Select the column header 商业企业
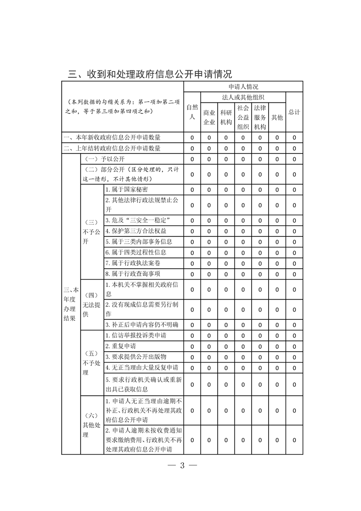pyautogui.click(x=209, y=117)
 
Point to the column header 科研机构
pyautogui.click(x=226, y=117)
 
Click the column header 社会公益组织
pyautogui.click(x=243, y=117)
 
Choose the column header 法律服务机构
pyautogui.click(x=260, y=117)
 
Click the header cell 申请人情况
pyautogui.click(x=244, y=87)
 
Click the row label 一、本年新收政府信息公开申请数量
pyautogui.click(x=112, y=137)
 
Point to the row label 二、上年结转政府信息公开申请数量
pyautogui.click(x=112, y=148)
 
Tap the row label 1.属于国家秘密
pyautogui.click(x=127, y=189)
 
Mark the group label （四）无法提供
pyautogui.click(x=91, y=305)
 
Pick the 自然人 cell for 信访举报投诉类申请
pyautogui.click(x=192, y=336)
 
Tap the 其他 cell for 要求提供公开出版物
pyautogui.click(x=277, y=357)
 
